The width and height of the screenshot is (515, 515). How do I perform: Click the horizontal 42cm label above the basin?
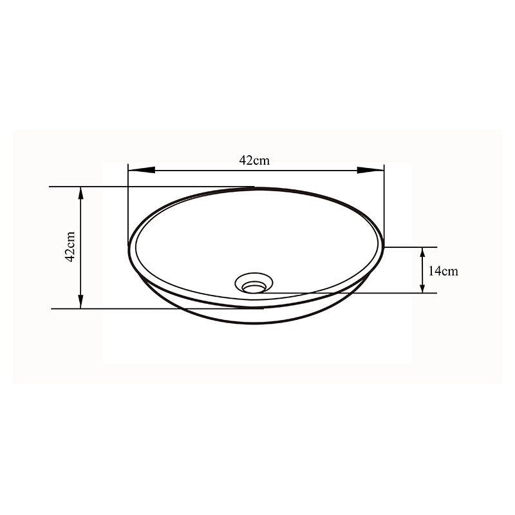click(x=254, y=160)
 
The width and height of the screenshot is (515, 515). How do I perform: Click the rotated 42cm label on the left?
click(x=70, y=247)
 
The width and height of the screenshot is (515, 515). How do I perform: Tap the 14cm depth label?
click(x=443, y=271)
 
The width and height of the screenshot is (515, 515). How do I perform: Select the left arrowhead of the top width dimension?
click(x=142, y=171)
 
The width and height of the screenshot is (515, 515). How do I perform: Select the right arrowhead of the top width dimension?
click(x=370, y=171)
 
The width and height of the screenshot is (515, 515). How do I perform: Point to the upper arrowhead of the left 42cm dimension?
click(x=80, y=193)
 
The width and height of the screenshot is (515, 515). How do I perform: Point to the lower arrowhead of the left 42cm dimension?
click(x=80, y=302)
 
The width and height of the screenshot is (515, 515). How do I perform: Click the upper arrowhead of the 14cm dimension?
click(x=423, y=252)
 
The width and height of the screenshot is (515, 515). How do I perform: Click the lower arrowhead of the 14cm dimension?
click(x=423, y=288)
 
